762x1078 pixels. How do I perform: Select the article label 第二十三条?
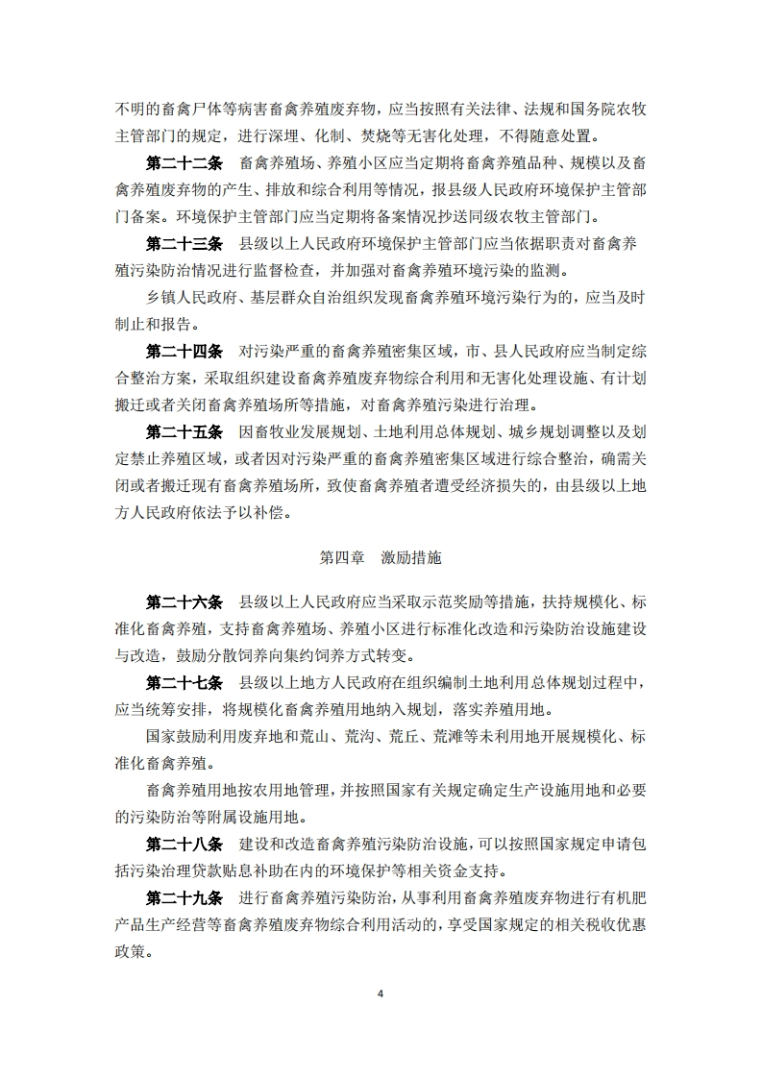(184, 242)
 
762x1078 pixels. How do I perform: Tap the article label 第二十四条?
(184, 351)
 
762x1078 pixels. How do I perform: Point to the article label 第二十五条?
(184, 431)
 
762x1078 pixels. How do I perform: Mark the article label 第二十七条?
(184, 684)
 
